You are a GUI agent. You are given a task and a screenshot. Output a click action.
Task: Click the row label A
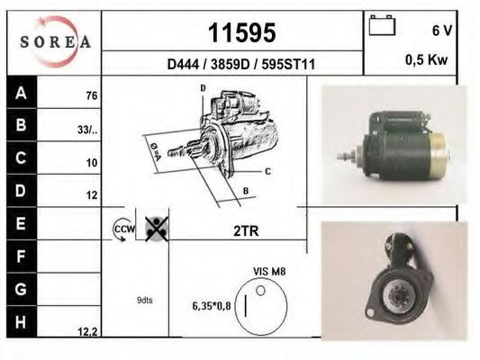click(21, 92)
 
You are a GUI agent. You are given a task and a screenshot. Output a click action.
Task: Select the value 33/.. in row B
click(87, 129)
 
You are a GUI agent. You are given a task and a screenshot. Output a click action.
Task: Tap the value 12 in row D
click(91, 194)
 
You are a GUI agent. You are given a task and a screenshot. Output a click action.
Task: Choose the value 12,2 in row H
click(87, 332)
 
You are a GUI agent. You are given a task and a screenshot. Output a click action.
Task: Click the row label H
click(21, 320)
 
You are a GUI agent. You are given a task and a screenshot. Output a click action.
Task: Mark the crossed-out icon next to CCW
click(156, 229)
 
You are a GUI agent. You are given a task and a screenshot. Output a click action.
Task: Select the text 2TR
click(246, 230)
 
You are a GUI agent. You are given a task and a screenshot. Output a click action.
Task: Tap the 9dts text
click(145, 300)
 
